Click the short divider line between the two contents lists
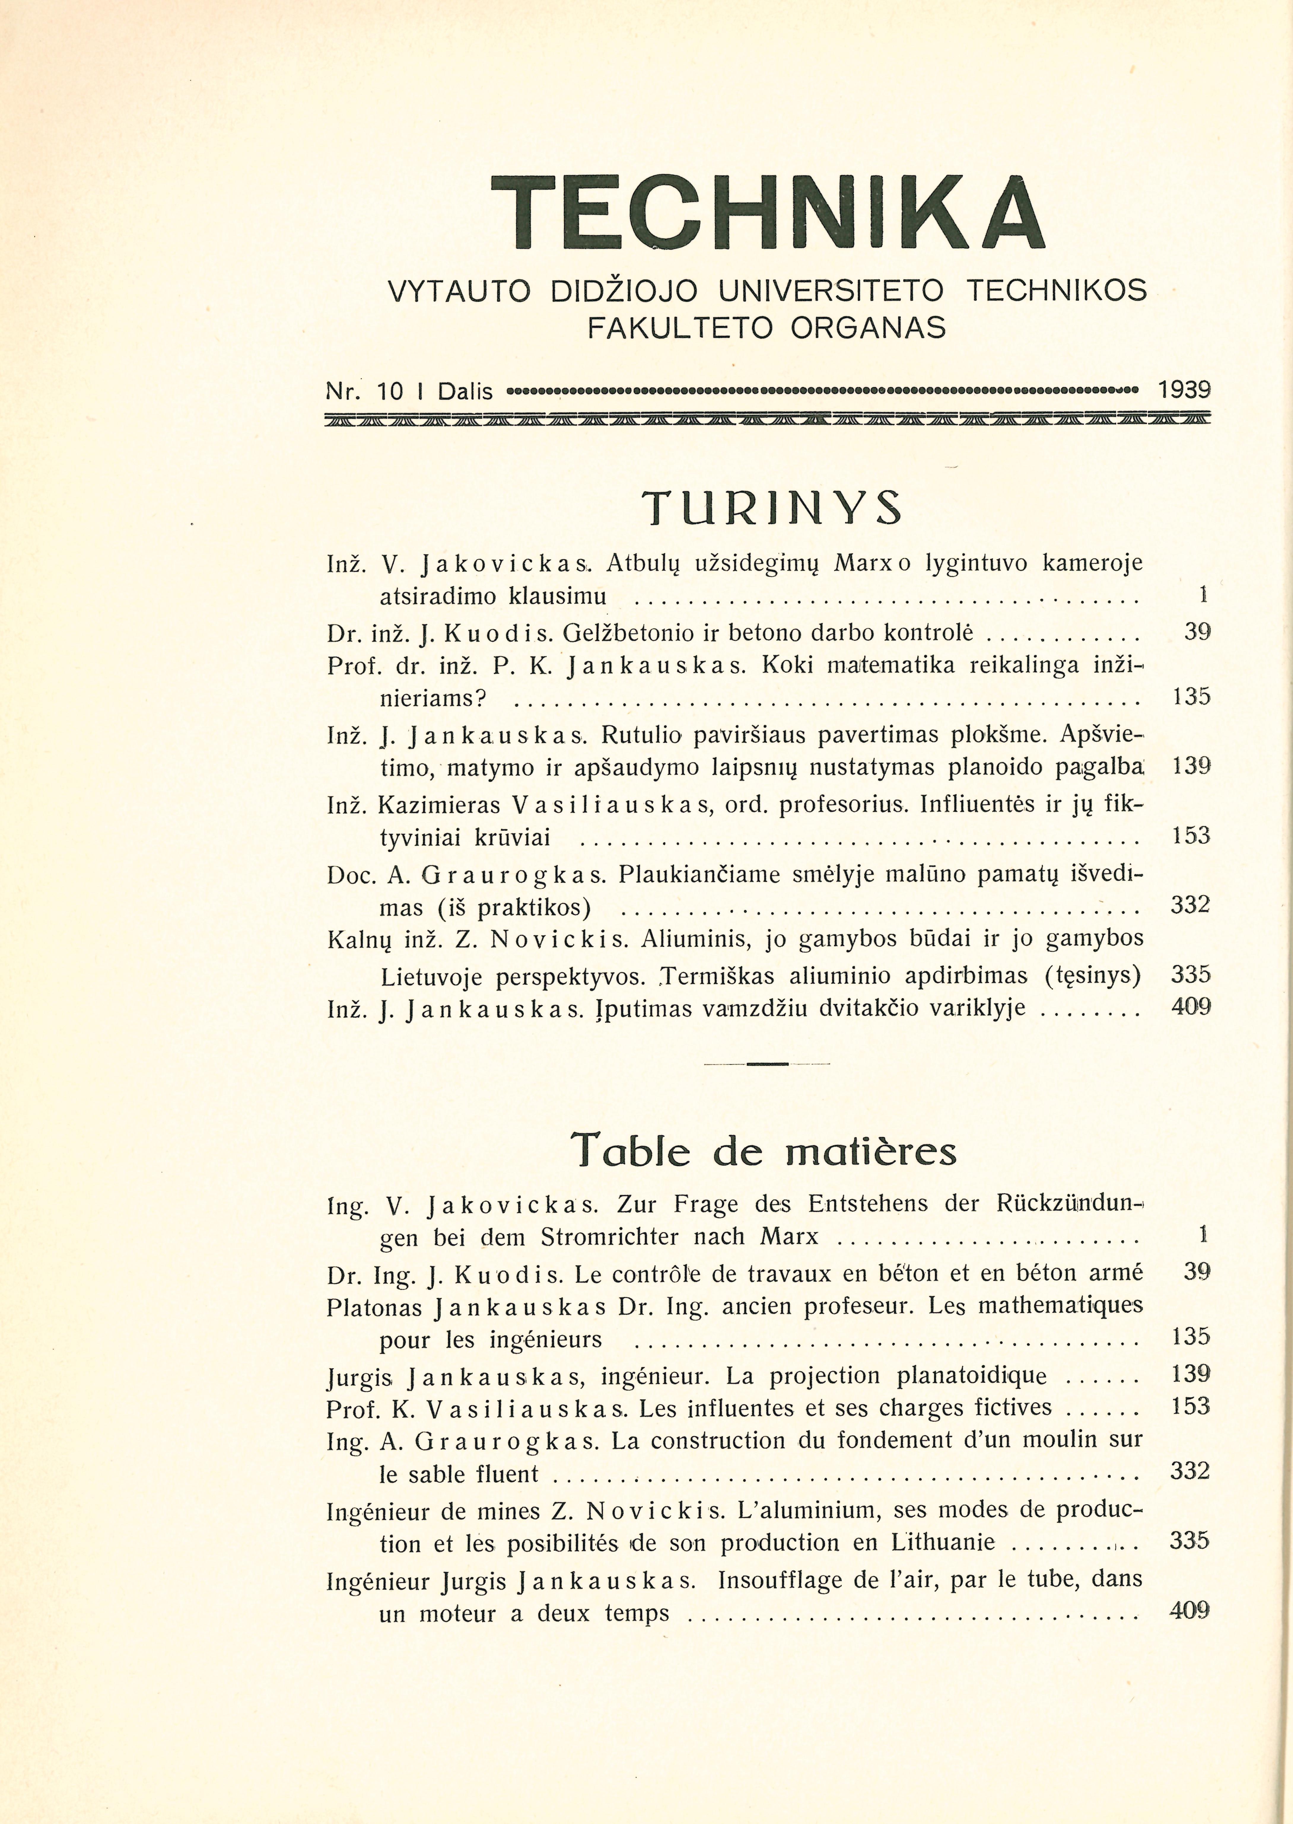click(767, 1064)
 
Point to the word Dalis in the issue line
click(466, 391)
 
